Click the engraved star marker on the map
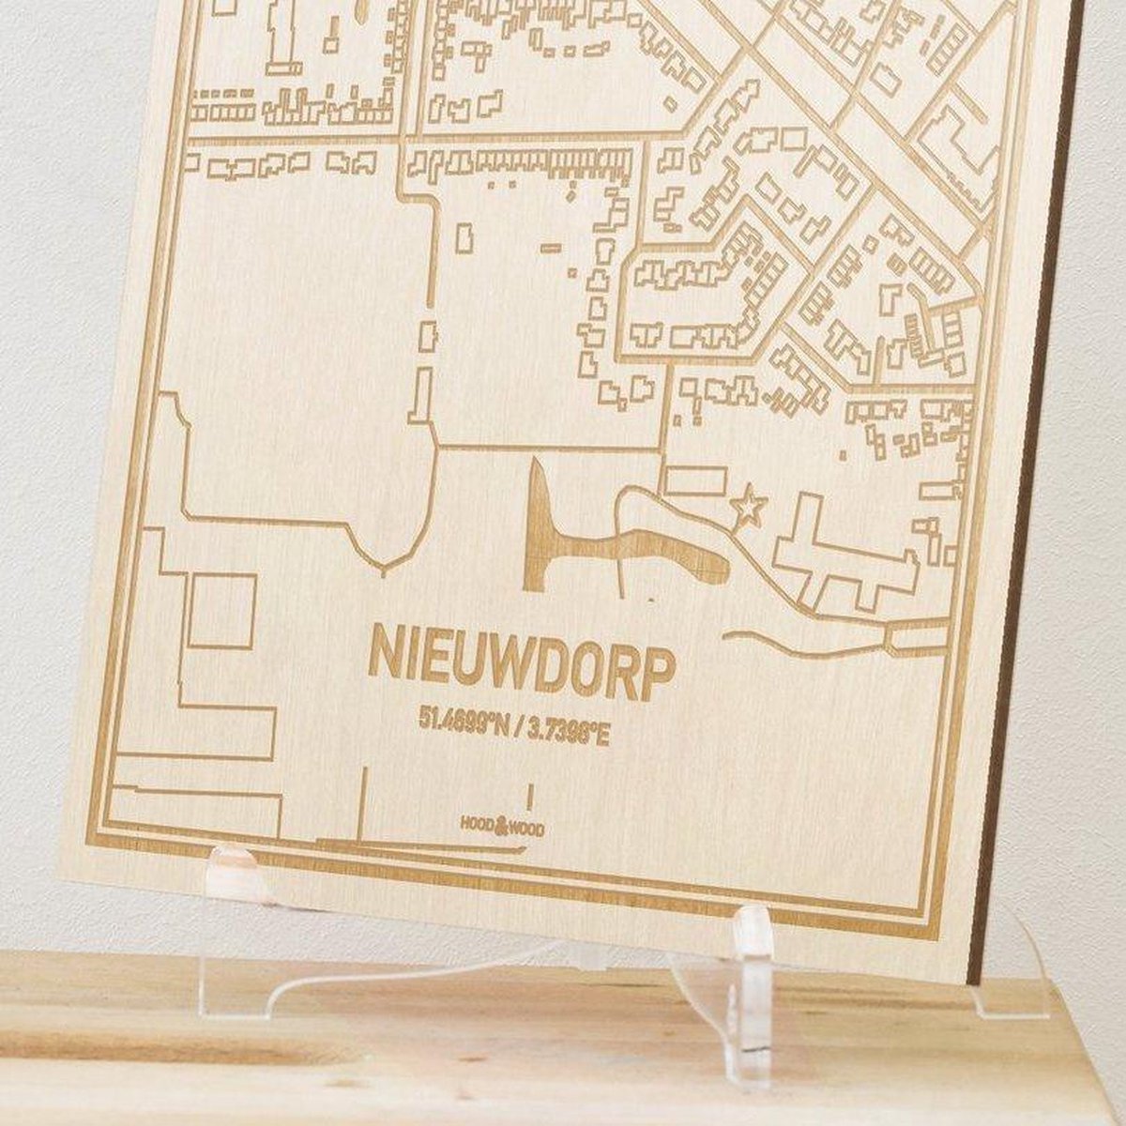pyautogui.click(x=748, y=508)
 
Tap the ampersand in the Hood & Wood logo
pyautogui.click(x=500, y=826)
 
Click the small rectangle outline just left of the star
pyautogui.click(x=695, y=481)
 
